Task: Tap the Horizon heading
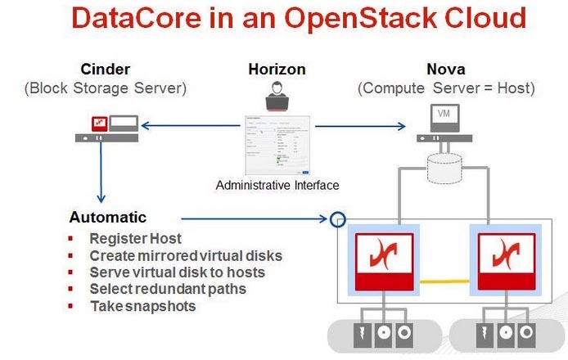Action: (x=277, y=69)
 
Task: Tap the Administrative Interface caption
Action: (x=277, y=186)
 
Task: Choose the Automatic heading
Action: (x=108, y=218)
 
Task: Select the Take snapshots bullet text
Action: (x=142, y=306)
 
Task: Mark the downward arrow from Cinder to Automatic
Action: (x=101, y=176)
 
